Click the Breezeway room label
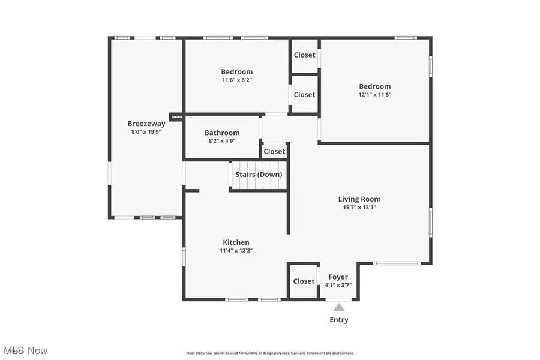pyautogui.click(x=146, y=124)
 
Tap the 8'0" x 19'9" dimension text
pyautogui.click(x=146, y=131)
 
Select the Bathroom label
pyautogui.click(x=222, y=133)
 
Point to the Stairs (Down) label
pyautogui.click(x=259, y=175)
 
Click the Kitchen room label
pyautogui.click(x=236, y=242)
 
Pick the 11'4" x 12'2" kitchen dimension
pyautogui.click(x=236, y=250)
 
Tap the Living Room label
pyautogui.click(x=359, y=199)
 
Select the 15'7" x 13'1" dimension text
pyautogui.click(x=359, y=207)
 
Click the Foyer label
pyautogui.click(x=338, y=277)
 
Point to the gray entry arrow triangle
pyautogui.click(x=339, y=307)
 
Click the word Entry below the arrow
pyautogui.click(x=339, y=320)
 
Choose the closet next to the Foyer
pyautogui.click(x=304, y=281)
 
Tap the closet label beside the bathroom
pyautogui.click(x=274, y=151)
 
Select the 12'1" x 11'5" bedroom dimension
pyautogui.click(x=375, y=94)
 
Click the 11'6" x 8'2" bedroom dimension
pyautogui.click(x=236, y=80)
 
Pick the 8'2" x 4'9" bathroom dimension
pyautogui.click(x=222, y=141)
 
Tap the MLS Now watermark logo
pyautogui.click(x=25, y=350)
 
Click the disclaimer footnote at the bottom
pyautogui.click(x=270, y=353)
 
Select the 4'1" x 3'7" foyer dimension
pyautogui.click(x=338, y=285)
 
